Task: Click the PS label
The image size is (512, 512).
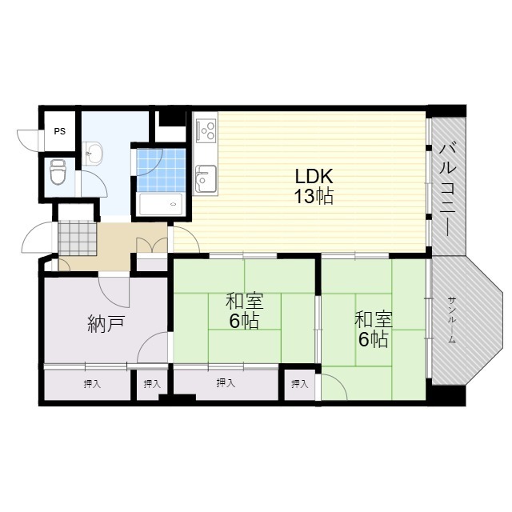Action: [60, 131]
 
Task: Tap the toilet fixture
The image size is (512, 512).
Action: [58, 172]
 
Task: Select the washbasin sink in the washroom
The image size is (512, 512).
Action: [93, 153]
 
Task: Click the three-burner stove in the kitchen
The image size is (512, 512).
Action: [206, 130]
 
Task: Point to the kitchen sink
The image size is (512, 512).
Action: [206, 179]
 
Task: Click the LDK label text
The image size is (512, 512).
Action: [314, 176]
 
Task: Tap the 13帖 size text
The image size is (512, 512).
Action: [314, 197]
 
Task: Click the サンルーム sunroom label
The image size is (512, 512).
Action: [452, 320]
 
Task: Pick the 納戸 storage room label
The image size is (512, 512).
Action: [106, 324]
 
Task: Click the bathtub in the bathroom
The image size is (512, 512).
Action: [161, 205]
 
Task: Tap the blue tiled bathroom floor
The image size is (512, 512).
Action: [161, 170]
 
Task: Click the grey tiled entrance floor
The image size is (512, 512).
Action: [78, 238]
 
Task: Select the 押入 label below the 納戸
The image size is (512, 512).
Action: [92, 384]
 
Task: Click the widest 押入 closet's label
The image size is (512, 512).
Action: [226, 383]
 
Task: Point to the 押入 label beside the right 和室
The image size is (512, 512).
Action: [300, 384]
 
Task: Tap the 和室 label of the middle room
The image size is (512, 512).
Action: [244, 302]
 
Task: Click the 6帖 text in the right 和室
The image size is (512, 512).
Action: [374, 339]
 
